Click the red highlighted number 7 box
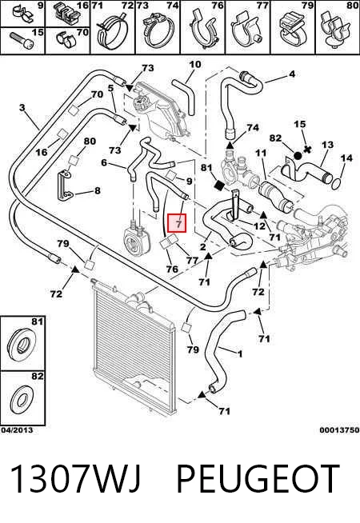click(177, 223)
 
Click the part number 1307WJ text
click(76, 478)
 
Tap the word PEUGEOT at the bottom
click(258, 478)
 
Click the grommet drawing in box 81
click(21, 343)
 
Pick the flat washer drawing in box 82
click(22, 399)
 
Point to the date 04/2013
click(17, 430)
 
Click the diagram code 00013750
click(339, 430)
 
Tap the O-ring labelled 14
click(336, 183)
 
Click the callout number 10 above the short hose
click(195, 64)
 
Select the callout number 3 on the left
click(22, 108)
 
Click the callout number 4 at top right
click(292, 74)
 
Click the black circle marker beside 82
click(298, 155)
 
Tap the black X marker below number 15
click(307, 149)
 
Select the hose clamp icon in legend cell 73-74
click(158, 31)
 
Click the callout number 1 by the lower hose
click(239, 353)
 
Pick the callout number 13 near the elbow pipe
click(327, 145)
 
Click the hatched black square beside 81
click(219, 185)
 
